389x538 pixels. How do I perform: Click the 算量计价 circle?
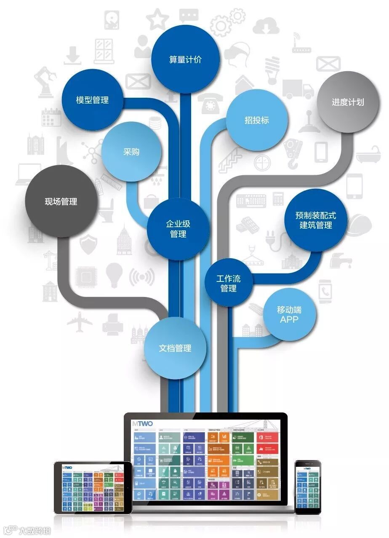pyautogui.click(x=185, y=60)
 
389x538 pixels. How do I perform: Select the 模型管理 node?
pyautogui.click(x=92, y=100)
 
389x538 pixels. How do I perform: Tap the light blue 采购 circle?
pyautogui.click(x=131, y=152)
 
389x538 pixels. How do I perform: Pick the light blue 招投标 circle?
pyautogui.click(x=257, y=120)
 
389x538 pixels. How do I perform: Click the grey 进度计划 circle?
pyautogui.click(x=348, y=102)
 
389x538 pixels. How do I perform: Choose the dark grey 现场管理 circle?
pyautogui.click(x=61, y=201)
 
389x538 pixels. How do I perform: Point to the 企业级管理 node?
pyautogui.click(x=178, y=229)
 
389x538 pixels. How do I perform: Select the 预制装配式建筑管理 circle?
pyautogui.click(x=316, y=220)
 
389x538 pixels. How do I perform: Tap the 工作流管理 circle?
pyautogui.click(x=229, y=283)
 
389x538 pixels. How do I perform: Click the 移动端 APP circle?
pyautogui.click(x=289, y=314)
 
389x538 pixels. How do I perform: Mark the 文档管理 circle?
pyautogui.click(x=175, y=348)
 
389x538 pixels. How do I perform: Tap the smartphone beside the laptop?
pyautogui.click(x=307, y=487)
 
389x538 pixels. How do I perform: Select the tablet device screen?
pyautogui.click(x=93, y=487)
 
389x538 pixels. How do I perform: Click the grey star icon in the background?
pyautogui.click(x=157, y=19)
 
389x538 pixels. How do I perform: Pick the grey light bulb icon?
pyautogui.click(x=113, y=274)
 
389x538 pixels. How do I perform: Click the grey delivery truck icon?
pyautogui.click(x=298, y=89)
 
